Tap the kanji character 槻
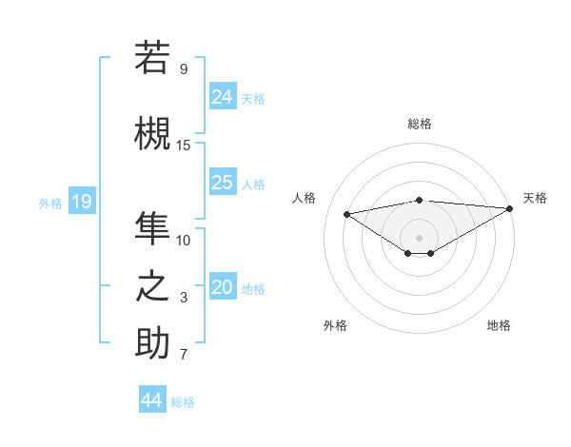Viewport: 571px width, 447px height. click(152, 134)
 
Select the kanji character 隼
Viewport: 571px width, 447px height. click(152, 229)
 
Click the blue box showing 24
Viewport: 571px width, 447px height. click(223, 96)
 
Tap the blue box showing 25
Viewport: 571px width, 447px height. click(223, 183)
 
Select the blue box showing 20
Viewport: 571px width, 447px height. click(223, 288)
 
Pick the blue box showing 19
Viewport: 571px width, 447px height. click(82, 202)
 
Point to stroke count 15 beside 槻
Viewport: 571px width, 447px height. click(184, 145)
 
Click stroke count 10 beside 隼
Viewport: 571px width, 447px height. click(184, 240)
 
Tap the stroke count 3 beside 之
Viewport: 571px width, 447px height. click(184, 298)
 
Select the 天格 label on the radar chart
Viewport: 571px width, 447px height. click(535, 198)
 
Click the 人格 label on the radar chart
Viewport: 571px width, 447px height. click(304, 198)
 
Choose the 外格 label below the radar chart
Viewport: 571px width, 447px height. click(335, 325)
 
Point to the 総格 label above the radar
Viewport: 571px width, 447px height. click(420, 124)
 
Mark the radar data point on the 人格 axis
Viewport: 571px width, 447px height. click(346, 213)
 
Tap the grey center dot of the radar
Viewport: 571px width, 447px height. click(419, 236)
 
